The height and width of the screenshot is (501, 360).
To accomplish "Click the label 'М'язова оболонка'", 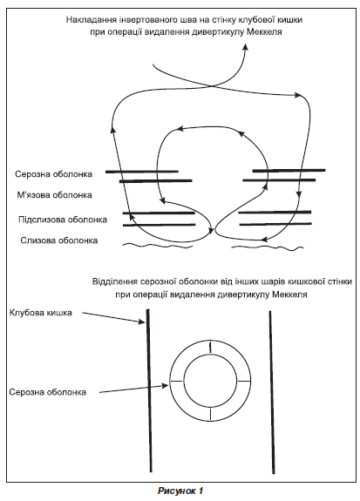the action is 54,195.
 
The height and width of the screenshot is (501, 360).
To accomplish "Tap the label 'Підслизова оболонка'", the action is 63,220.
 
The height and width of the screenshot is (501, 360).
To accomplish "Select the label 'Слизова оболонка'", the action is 58,240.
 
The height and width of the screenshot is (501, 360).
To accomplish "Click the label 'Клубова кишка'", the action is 41,313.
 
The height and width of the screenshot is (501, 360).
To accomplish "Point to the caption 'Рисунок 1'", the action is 180,491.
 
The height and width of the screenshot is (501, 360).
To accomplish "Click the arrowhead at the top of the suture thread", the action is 246,46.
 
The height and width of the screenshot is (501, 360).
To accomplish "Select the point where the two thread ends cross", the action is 212,85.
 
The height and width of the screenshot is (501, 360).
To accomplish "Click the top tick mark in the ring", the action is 210,348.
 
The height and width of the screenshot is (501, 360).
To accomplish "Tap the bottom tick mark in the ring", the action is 210,414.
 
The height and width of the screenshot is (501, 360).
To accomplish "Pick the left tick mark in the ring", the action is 176,381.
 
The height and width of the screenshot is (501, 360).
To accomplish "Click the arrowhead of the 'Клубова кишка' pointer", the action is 142,322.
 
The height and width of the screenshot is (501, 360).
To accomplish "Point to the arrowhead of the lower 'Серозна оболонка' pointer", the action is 165,386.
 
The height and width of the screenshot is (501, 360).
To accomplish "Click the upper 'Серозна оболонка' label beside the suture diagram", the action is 53,174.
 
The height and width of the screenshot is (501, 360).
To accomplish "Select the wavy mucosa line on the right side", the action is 267,247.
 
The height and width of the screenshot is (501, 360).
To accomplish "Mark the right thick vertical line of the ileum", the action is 272,392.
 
